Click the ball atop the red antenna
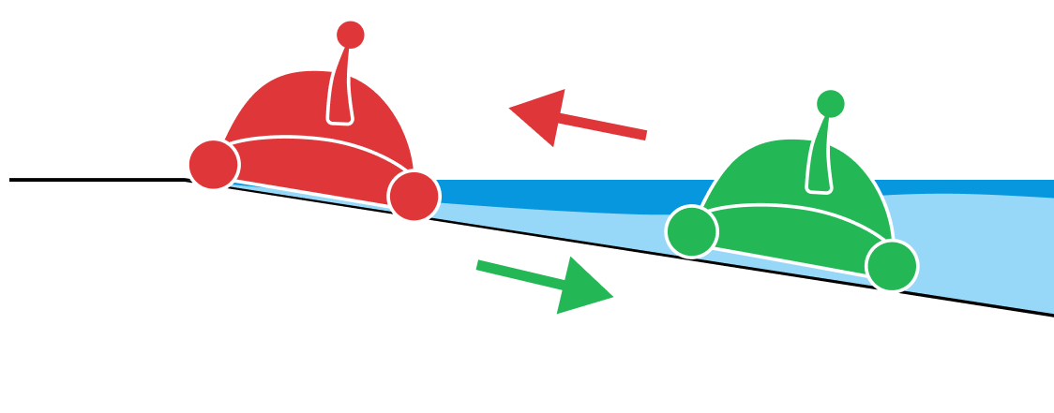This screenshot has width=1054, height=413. (351, 35)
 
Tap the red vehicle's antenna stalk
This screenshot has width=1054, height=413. (341, 84)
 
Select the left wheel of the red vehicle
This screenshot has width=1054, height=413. (214, 164)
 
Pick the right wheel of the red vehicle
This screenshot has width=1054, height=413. (414, 197)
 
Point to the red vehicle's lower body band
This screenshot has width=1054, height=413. (309, 166)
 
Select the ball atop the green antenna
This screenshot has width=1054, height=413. (830, 103)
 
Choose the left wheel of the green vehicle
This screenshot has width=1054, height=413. (692, 231)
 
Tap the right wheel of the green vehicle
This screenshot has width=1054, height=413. (891, 266)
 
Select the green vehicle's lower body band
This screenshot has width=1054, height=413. (788, 234)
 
